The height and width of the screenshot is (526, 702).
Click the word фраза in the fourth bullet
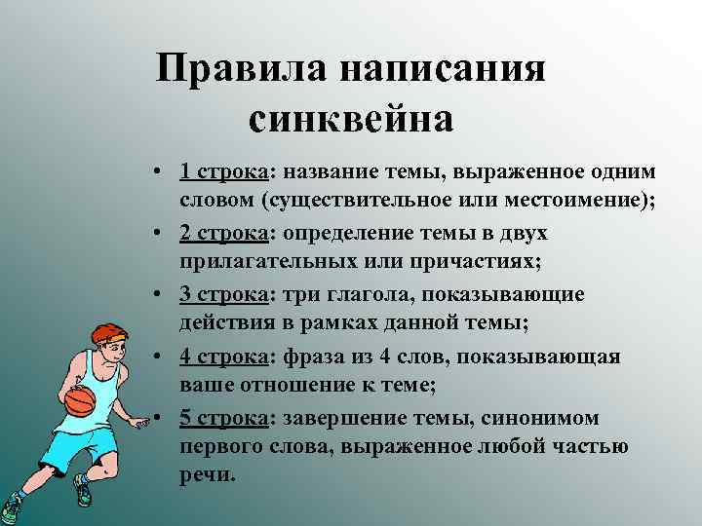tap(306, 357)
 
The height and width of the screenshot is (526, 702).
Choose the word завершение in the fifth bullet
tap(337, 418)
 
